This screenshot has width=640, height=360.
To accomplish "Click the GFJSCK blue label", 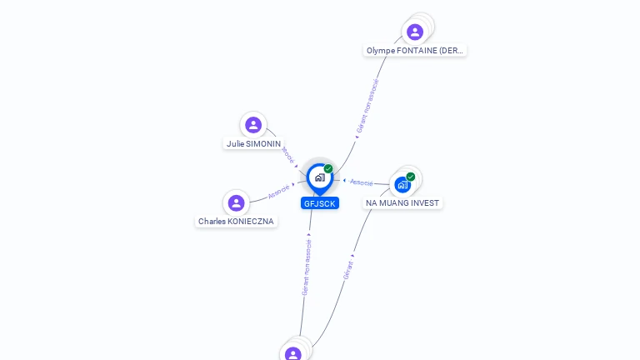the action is click(320, 203).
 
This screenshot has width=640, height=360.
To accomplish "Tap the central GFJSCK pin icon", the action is click(320, 179).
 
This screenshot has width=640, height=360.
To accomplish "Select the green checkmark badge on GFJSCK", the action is click(328, 168).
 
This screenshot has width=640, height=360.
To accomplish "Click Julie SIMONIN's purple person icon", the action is click(253, 125).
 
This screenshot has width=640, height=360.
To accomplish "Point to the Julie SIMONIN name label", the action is click(253, 143).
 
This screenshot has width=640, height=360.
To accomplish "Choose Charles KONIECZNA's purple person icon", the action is click(236, 202).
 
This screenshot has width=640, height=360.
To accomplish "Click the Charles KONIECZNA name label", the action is click(236, 221).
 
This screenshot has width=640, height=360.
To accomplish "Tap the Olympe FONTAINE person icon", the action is click(415, 32).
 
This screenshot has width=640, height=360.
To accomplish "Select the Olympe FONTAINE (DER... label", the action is click(415, 51).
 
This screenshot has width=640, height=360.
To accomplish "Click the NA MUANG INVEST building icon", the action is click(402, 185).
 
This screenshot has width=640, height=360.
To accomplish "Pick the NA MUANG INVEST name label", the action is click(402, 202).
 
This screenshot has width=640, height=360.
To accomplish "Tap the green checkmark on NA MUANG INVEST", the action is click(411, 177).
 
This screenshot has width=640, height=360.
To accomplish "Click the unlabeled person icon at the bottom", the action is click(292, 353).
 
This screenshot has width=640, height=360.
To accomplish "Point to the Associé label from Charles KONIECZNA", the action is click(279, 192).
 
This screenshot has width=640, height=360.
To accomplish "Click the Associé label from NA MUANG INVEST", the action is click(361, 182).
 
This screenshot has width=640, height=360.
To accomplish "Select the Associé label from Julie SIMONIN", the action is click(288, 155).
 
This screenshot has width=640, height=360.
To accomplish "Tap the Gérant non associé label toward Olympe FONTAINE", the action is click(367, 106).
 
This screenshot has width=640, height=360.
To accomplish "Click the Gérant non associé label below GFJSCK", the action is click(307, 267).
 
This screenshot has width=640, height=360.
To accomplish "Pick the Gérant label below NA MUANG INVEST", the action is click(348, 270).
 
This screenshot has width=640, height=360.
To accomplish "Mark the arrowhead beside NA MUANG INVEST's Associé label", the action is click(344, 180).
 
